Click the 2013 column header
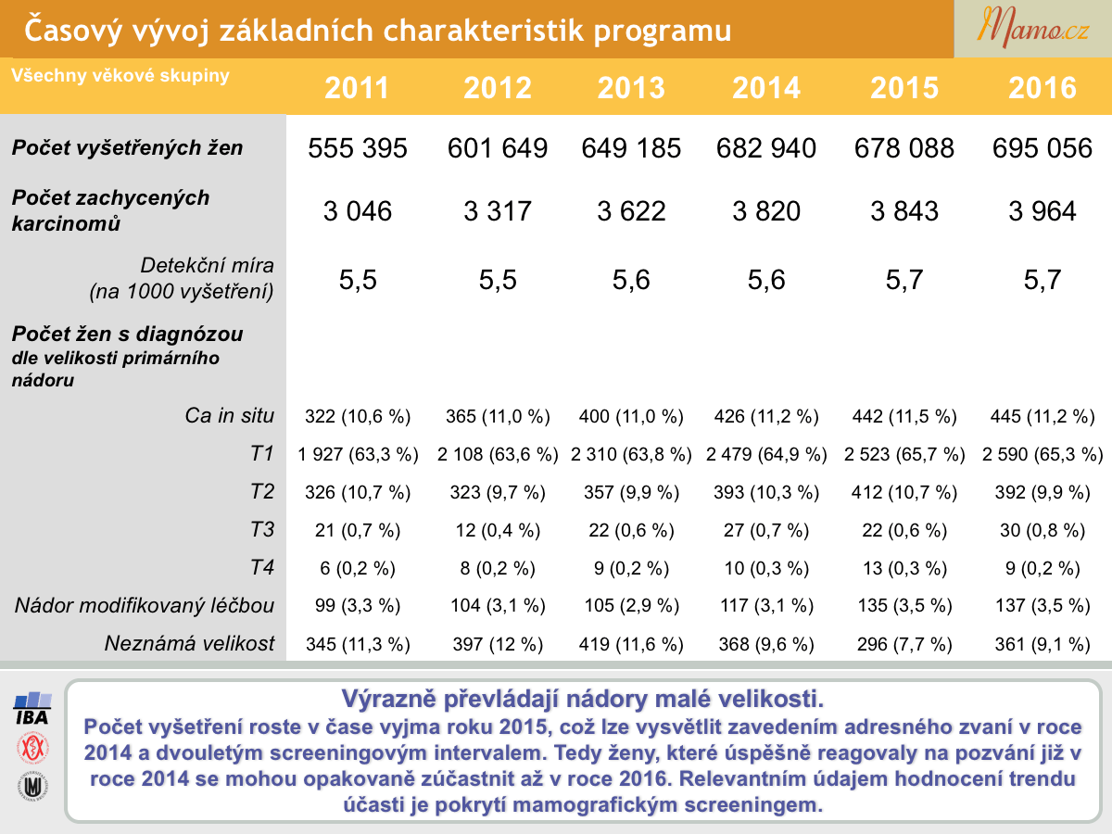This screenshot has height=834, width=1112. coord(631,88)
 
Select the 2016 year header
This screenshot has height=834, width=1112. coord(1042,88)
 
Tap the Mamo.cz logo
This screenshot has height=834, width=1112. coord(1032,28)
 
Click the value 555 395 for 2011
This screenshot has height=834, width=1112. coord(358,148)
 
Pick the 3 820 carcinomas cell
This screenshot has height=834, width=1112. coord(766,210)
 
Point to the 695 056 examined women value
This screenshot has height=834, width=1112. coord(1042,148)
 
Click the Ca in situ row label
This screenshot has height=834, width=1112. coord(229,415)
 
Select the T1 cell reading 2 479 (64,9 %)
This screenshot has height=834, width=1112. coord(766,454)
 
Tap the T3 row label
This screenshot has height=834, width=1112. coord(262,529)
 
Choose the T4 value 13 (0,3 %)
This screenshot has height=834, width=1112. coord(904,568)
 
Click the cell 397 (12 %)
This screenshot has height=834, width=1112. coord(498,644)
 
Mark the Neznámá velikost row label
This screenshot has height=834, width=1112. coord(189,643)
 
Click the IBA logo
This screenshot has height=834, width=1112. coord(32,708)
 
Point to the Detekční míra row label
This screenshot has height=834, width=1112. coord(182,278)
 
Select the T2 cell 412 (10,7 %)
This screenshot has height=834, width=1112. coord(904,492)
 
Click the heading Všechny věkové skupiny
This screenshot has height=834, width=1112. coord(120,75)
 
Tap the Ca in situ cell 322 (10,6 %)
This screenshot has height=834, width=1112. coord(358,416)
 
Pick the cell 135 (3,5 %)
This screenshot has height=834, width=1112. coord(904,606)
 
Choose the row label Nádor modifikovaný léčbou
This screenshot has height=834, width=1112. coord(145,605)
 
